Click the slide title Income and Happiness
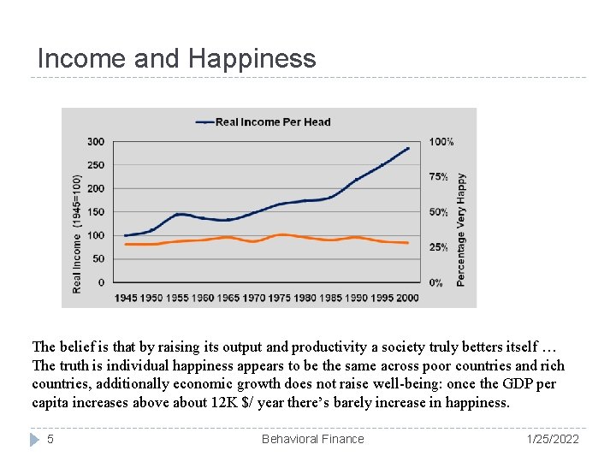(176, 58)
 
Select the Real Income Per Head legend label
(272, 121)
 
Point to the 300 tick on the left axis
(96, 142)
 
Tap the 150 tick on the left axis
(96, 212)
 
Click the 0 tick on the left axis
(101, 282)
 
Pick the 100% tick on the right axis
(441, 142)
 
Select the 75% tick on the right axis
(439, 177)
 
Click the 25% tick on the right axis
(439, 247)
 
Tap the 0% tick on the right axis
(436, 282)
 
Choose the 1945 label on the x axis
(127, 297)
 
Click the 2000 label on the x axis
(409, 297)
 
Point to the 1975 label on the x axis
(280, 297)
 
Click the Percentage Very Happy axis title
(461, 229)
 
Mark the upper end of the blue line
(408, 148)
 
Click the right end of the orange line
(407, 243)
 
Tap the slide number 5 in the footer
(50, 439)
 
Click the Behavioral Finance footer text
(312, 439)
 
